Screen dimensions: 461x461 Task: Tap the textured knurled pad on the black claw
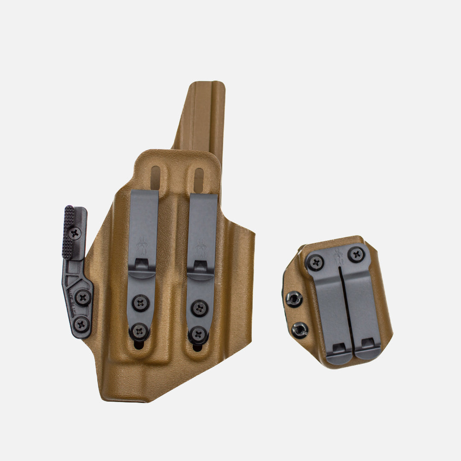click(x=68, y=232)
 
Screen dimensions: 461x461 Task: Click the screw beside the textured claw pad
click(x=76, y=233)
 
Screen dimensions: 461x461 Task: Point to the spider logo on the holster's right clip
click(x=201, y=248)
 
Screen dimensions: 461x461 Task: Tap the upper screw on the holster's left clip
click(x=140, y=303)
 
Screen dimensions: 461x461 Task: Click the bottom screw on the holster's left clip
click(x=139, y=331)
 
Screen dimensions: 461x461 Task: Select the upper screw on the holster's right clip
click(x=199, y=307)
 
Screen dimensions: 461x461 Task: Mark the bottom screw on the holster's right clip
click(x=198, y=334)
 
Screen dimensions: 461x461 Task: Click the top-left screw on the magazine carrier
click(x=316, y=262)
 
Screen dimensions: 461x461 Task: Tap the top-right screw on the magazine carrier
click(x=356, y=254)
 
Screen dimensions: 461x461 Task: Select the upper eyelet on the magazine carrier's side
click(x=294, y=299)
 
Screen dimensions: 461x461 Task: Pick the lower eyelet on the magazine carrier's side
click(x=300, y=330)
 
